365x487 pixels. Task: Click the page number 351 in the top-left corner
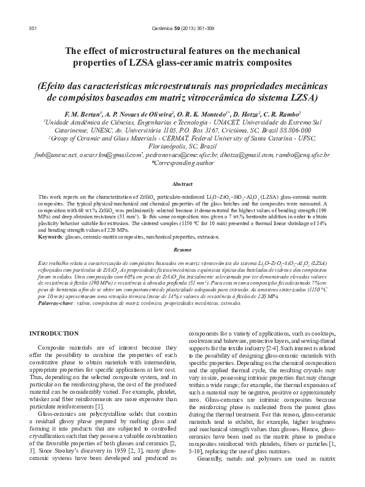coord(34,29)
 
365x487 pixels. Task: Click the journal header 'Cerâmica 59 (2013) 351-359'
coord(182,29)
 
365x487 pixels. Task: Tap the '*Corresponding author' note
coord(182,164)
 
